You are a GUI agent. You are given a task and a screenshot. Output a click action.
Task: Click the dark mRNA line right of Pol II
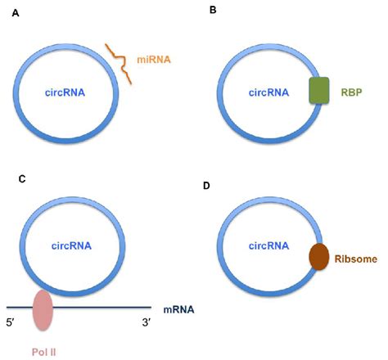pos(106,308)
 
